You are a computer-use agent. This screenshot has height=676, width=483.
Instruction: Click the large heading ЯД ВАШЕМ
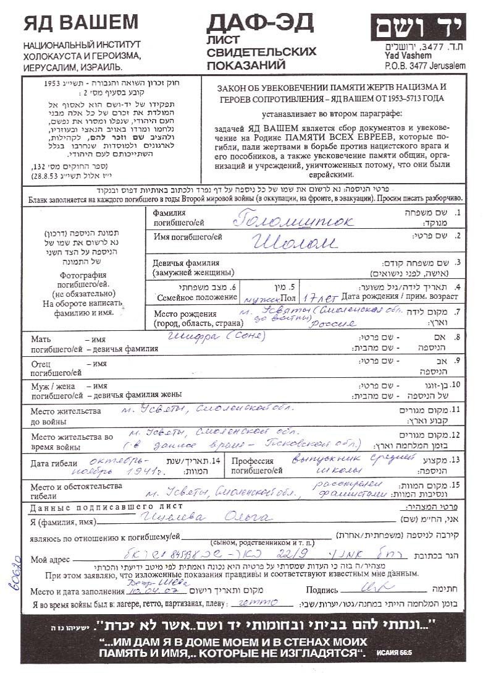[x=81, y=23]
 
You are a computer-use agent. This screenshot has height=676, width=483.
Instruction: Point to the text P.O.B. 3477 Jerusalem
[x=424, y=66]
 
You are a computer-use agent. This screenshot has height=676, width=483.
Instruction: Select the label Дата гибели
[x=54, y=463]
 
